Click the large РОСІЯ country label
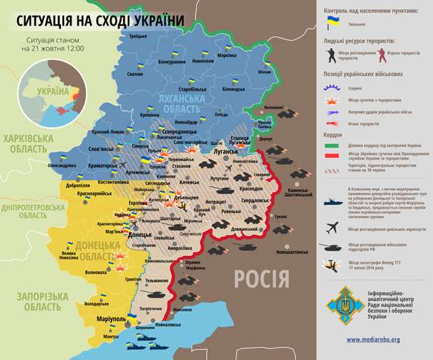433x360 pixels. pyautogui.click(x=262, y=277)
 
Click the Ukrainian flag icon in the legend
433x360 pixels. pyautogui.click(x=333, y=23)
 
